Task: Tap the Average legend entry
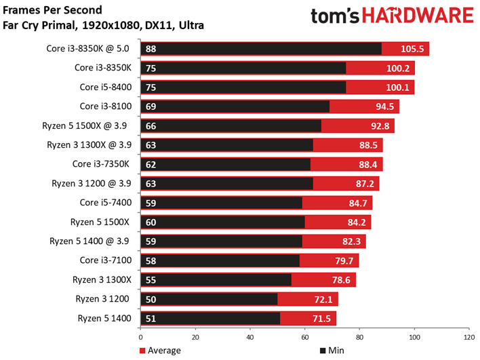coord(160,350)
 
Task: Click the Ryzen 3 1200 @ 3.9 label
coord(95,183)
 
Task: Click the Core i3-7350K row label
coord(104,164)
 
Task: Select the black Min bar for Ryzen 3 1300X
coord(224,279)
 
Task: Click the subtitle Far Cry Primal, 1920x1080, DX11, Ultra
coord(103,26)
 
